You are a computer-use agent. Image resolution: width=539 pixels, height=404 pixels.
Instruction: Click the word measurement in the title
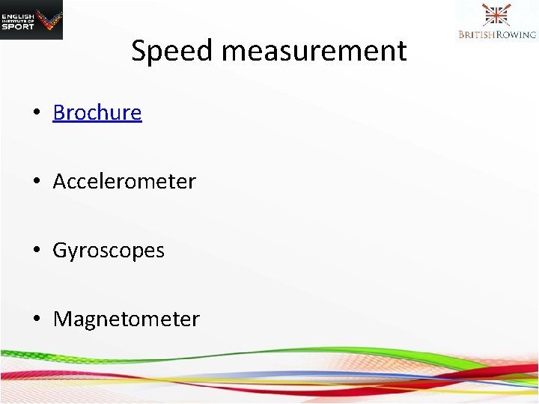(314, 52)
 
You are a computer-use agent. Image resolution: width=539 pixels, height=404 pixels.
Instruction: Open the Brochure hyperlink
(97, 112)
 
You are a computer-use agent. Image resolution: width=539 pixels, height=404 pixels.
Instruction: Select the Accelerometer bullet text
(124, 181)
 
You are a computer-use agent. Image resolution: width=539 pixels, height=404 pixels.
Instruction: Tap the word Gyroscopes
(109, 250)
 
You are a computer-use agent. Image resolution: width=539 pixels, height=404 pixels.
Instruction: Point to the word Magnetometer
(127, 319)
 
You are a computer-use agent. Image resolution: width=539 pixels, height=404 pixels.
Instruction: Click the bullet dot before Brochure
(36, 113)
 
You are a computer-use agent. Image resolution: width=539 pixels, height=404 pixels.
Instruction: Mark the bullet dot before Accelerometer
(36, 182)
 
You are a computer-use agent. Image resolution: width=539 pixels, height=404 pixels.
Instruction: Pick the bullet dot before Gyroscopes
(36, 251)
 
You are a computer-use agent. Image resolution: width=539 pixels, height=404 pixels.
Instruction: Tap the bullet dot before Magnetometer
(36, 319)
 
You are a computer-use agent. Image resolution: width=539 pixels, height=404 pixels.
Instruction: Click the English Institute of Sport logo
(31, 19)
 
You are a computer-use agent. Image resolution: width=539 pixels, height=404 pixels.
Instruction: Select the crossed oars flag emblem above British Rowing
(496, 15)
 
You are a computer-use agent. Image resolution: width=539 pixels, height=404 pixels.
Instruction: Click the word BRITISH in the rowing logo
(476, 34)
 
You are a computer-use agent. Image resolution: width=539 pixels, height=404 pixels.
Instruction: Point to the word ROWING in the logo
(515, 34)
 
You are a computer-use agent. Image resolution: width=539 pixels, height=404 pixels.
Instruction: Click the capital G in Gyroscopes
(59, 250)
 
